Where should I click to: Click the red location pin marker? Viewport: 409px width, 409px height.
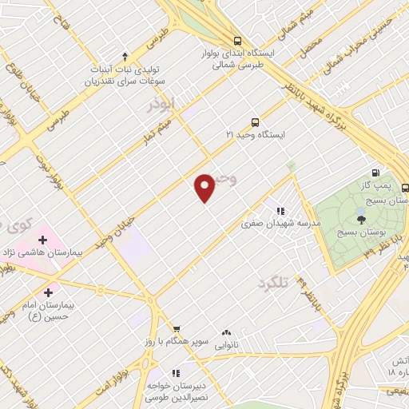(204, 187)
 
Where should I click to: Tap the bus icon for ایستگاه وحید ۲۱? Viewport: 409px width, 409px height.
(255, 122)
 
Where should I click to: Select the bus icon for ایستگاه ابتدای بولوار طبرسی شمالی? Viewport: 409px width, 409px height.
(236, 41)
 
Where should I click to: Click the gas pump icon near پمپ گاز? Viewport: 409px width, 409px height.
(375, 173)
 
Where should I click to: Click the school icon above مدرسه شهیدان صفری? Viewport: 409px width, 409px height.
(280, 211)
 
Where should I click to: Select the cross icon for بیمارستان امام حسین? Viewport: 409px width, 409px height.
(50, 292)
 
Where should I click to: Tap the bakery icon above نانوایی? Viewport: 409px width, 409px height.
(227, 331)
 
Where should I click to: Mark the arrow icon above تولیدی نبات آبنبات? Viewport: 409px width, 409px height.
(125, 56)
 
